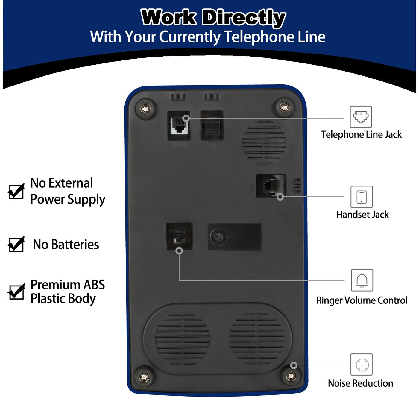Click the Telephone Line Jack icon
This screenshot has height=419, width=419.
361,117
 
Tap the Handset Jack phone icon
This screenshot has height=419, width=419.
362,197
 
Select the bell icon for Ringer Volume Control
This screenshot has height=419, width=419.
362,280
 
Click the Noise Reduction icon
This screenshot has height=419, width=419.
362,365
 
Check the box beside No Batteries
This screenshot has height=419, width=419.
16,245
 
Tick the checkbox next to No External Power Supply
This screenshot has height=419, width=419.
16,192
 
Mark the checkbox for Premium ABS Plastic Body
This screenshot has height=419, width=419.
16,292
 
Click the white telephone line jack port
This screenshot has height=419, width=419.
179,126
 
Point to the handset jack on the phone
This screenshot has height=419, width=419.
270,186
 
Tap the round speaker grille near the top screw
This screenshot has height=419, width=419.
264,143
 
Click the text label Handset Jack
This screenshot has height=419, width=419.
362,215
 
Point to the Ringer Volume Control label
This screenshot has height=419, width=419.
362,300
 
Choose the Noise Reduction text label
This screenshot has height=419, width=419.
360,383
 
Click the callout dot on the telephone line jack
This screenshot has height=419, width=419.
186,118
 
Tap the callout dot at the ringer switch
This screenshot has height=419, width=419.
179,251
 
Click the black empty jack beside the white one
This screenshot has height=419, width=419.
212,126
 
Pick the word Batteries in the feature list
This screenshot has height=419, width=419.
75,245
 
